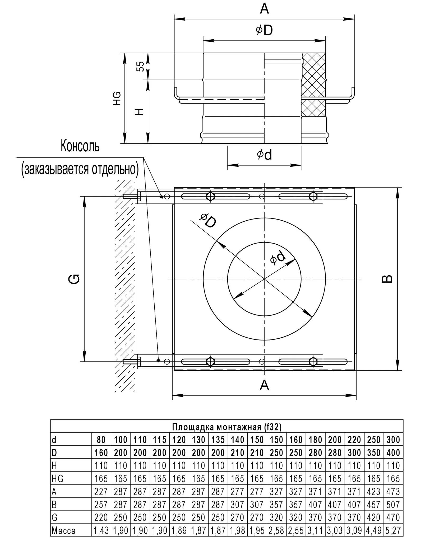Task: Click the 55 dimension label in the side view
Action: [141, 66]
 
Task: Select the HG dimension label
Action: [117, 98]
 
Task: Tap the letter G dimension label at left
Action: [75, 279]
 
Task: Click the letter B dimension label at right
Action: [387, 279]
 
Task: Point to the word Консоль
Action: [80, 146]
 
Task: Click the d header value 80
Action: [101, 440]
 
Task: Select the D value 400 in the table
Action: [393, 453]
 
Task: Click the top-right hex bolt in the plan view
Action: [313, 197]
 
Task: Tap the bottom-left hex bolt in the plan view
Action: [210, 361]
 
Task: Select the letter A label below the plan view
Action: [264, 385]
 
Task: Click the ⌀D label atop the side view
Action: [264, 30]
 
